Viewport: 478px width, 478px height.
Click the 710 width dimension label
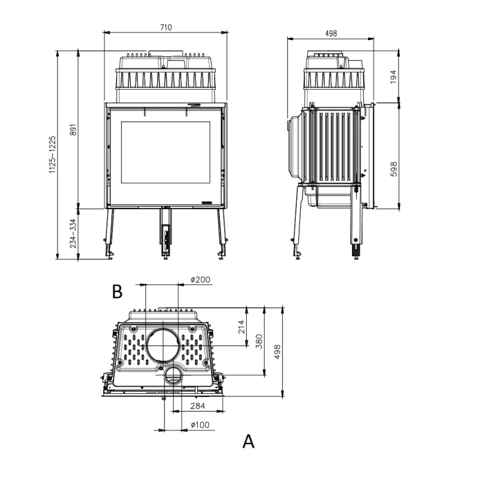[166, 27]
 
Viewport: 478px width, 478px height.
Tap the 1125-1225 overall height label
[52, 155]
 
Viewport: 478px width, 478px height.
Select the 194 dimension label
[393, 76]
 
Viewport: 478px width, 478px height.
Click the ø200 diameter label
[200, 280]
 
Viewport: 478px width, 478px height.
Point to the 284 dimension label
[198, 406]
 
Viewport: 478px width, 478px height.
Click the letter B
[117, 292]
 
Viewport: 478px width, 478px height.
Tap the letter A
[249, 442]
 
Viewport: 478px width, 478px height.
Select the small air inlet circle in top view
[174, 376]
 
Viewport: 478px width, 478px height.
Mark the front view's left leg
[110, 233]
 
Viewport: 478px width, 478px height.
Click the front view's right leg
[222, 233]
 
